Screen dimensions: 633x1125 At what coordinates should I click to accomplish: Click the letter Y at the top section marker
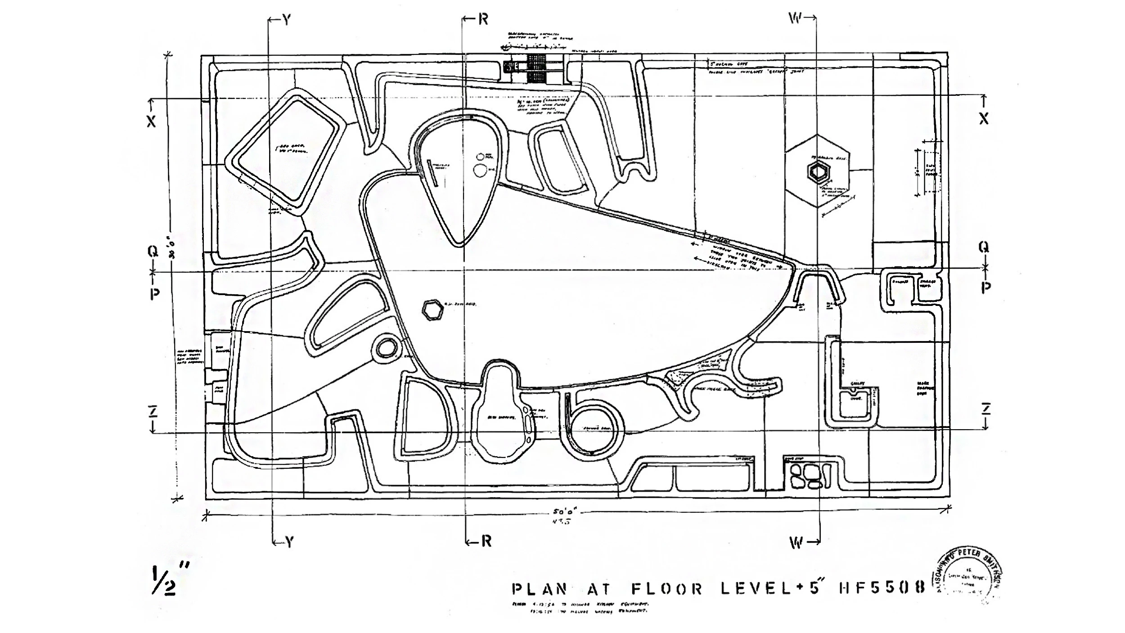point(287,19)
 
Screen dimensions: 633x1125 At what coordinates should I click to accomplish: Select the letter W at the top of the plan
point(795,18)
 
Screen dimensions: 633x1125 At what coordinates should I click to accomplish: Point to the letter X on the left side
point(152,121)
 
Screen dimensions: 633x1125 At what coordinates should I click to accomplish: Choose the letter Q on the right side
point(984,247)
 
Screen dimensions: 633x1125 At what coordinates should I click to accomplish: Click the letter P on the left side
point(154,293)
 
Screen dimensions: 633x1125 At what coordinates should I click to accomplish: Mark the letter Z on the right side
point(985,409)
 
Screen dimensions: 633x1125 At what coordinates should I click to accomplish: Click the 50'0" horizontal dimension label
point(565,513)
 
